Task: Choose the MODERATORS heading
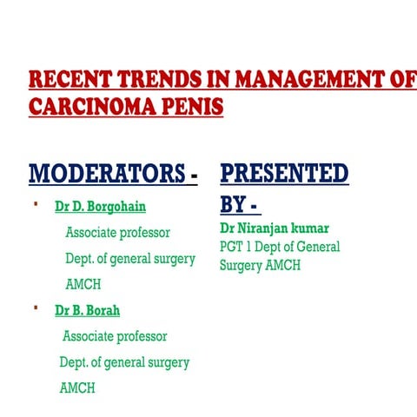[x=108, y=174]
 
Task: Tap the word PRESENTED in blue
[x=284, y=173]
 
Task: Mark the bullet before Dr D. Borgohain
[x=36, y=205]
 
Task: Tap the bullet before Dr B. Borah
[x=36, y=308]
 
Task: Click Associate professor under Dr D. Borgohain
[x=117, y=233]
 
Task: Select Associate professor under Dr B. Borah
[x=115, y=336]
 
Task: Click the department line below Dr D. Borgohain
[x=130, y=259]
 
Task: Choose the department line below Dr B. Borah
[x=124, y=362]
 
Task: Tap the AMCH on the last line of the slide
[x=77, y=388]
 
